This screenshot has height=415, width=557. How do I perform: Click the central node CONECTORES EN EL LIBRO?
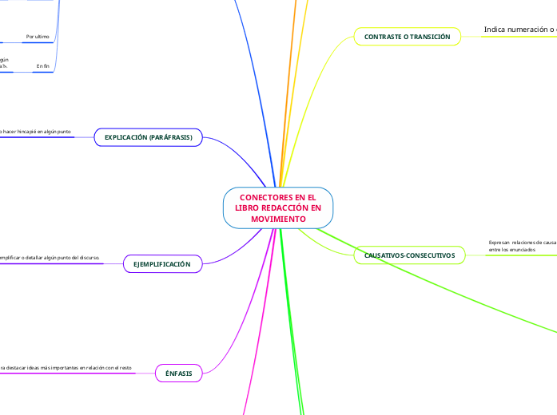pyautogui.click(x=277, y=207)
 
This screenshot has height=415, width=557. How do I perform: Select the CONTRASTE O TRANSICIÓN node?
pyautogui.click(x=407, y=37)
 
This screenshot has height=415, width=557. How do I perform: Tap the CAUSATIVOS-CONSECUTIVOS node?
pyautogui.click(x=408, y=255)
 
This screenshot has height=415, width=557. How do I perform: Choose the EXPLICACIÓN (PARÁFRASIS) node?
pyautogui.click(x=149, y=137)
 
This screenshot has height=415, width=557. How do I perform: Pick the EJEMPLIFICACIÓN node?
pyautogui.click(x=162, y=263)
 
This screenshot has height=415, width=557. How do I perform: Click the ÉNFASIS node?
pyautogui.click(x=178, y=372)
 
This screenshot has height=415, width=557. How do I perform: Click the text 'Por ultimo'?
pyautogui.click(x=38, y=37)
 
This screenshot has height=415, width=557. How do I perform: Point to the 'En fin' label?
pyautogui.click(x=43, y=65)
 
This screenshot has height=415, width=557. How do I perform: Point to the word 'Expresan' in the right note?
pyautogui.click(x=499, y=242)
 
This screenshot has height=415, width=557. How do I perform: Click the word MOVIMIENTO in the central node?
pyautogui.click(x=277, y=218)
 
